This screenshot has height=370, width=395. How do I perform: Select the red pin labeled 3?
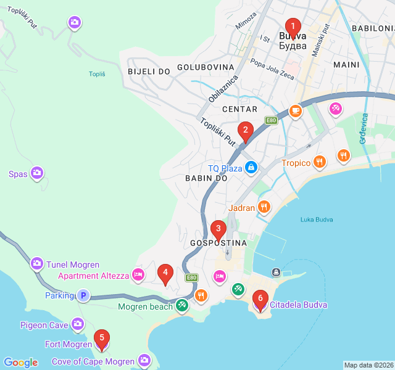218,230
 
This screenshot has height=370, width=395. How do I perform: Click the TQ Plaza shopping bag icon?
251,167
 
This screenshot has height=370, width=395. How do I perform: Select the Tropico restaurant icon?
319,162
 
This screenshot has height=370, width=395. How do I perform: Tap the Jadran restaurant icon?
264,207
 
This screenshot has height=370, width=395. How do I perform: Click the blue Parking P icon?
83,295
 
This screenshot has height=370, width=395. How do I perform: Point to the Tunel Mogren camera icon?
37,264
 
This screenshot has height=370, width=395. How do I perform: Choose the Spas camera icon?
37,173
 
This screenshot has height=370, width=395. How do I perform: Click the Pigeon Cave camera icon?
78,324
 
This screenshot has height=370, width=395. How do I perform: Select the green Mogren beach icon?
181,305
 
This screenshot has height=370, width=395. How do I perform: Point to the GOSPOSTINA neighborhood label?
218,243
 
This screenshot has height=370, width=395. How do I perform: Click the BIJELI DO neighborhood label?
149,72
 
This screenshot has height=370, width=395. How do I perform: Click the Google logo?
21,363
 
